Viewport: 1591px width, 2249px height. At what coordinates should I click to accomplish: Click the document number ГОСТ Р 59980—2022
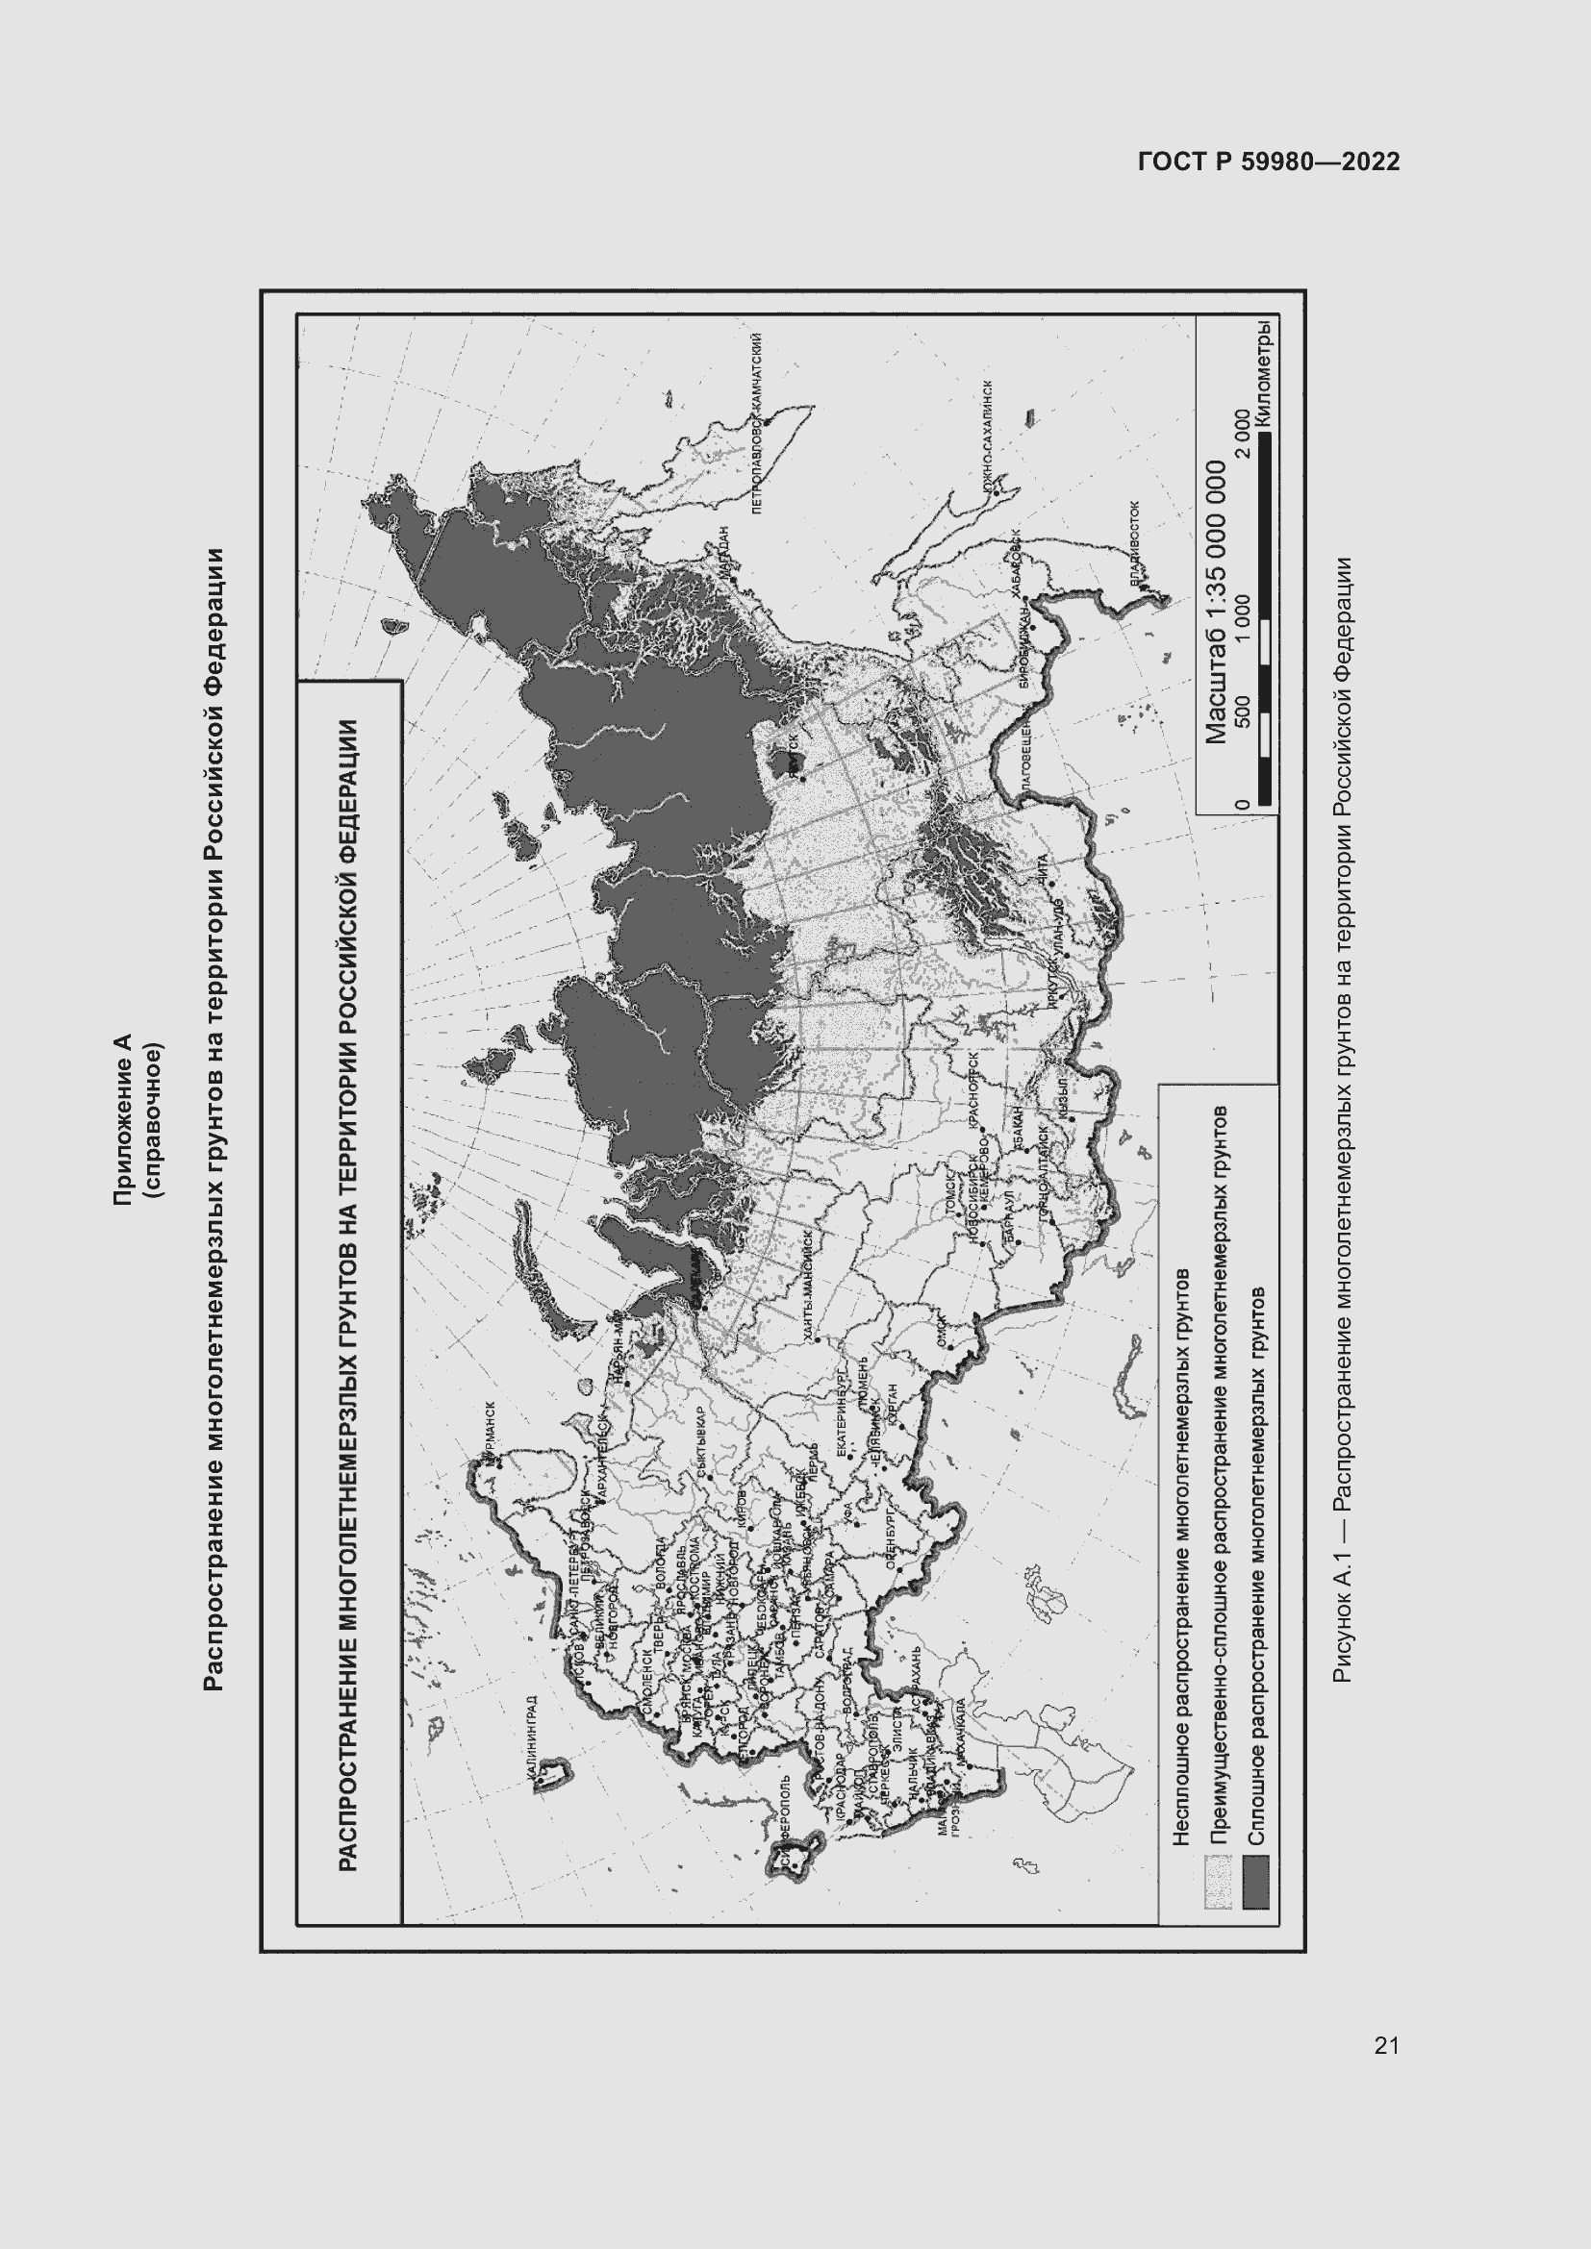click(1269, 162)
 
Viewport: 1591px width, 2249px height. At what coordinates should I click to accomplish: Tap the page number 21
click(1386, 2044)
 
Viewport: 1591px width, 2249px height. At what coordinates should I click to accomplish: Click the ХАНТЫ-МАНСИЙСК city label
click(807, 1284)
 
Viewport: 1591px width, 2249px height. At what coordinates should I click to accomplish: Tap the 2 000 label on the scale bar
click(1242, 432)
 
